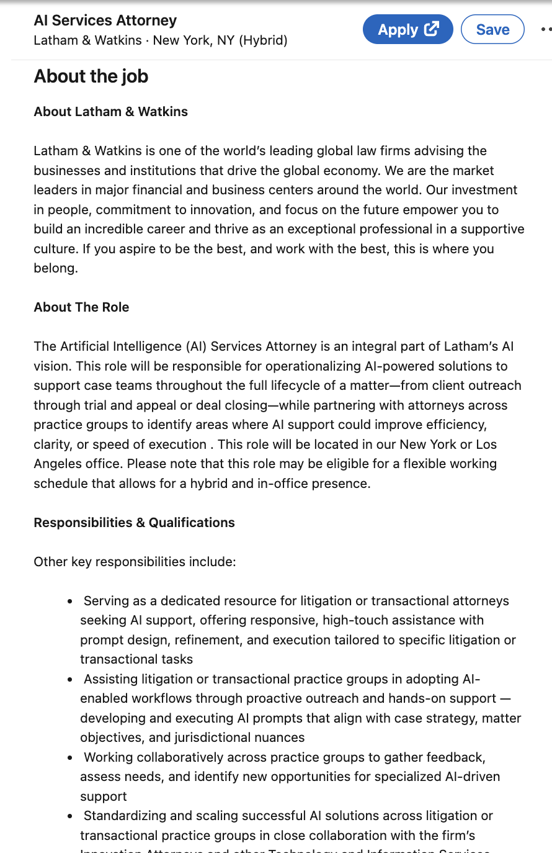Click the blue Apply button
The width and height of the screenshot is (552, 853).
407,30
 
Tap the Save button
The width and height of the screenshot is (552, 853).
492,30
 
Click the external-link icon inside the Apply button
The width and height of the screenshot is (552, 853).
432,29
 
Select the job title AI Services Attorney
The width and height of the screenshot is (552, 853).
105,20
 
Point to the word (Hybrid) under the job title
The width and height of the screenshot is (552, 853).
263,40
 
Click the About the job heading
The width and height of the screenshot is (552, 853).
91,76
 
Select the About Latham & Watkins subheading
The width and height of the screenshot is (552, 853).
110,112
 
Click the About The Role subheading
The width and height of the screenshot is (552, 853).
81,307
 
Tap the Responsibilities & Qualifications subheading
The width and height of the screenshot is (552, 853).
134,523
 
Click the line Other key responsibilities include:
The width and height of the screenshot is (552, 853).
135,562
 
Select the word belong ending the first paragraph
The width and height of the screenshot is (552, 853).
55,268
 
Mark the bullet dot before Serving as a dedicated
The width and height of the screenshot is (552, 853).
70,602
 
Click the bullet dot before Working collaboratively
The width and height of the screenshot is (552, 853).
70,758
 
